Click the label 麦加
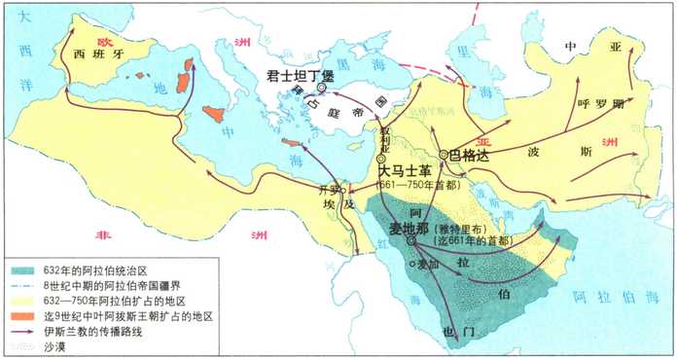pyautogui.click(x=429, y=262)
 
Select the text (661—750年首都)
pyautogui.click(x=419, y=186)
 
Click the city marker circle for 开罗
pyautogui.click(x=343, y=190)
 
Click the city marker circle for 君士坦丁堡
pyautogui.click(x=321, y=87)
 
